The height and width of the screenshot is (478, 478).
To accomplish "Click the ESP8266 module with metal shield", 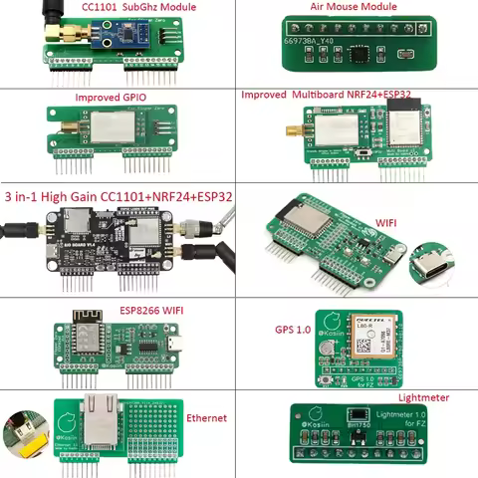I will click(86, 336).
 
